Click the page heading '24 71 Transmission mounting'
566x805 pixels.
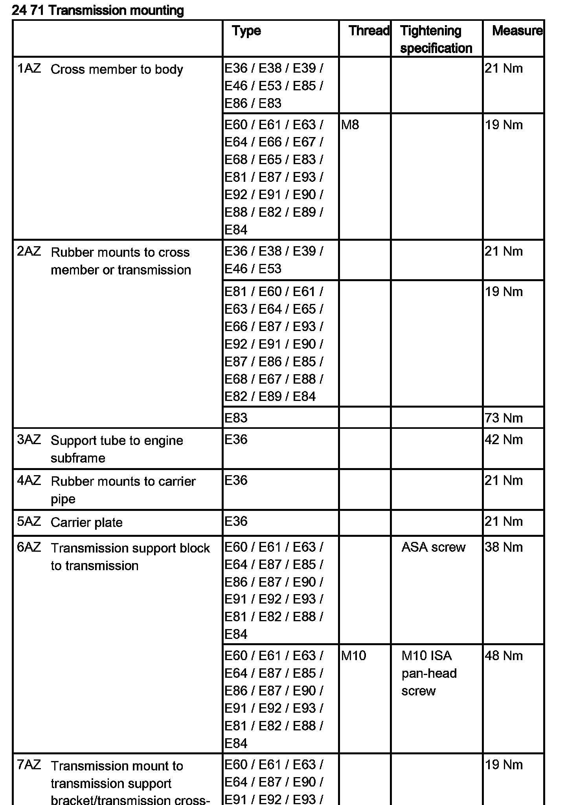tap(98, 10)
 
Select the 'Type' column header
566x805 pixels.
tap(246, 31)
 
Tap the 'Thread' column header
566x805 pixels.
tap(369, 31)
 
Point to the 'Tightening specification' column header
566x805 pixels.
tap(436, 39)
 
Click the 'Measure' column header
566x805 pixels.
tap(517, 31)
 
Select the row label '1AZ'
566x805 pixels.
tap(29, 69)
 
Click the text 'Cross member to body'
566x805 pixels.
tap(117, 70)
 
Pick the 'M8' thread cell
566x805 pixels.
tap(350, 125)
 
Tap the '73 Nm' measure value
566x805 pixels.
tap(504, 418)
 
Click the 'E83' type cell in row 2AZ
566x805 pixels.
tap(236, 418)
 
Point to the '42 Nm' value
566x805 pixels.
tap(504, 439)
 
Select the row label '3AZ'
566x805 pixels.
tap(29, 439)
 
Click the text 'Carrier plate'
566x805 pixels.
tap(86, 522)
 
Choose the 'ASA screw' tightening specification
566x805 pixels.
tap(433, 547)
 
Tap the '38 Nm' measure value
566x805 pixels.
tap(504, 547)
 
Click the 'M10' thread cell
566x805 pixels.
tap(353, 655)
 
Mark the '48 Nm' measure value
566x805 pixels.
tap(504, 655)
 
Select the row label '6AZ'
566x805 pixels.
tap(29, 547)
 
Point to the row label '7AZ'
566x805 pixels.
tap(29, 765)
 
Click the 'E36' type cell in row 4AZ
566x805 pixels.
tap(236, 480)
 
